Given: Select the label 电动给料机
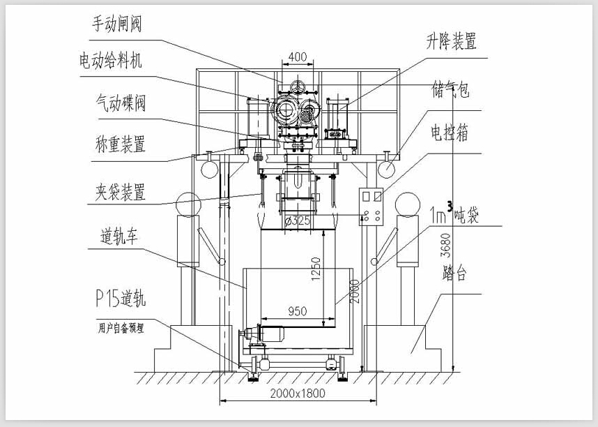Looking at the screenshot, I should pos(112,61).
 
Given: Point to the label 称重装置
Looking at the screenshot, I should pos(120,145).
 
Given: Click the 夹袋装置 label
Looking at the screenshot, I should pos(120,191).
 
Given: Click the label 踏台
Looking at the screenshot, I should pos(454,274).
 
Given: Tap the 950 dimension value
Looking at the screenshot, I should pos(297,311).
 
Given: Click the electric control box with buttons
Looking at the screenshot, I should pos(370,207).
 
